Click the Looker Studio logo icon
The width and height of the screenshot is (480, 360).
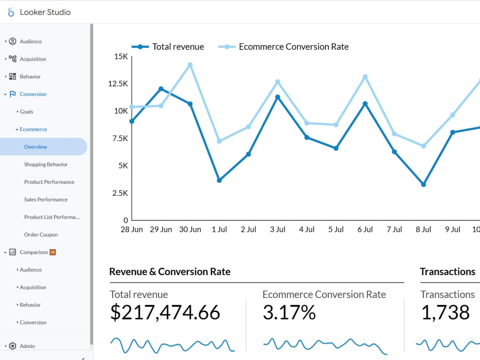(x=11, y=12)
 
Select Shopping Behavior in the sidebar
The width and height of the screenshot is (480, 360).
(x=46, y=165)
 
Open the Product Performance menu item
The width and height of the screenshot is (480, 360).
(x=49, y=182)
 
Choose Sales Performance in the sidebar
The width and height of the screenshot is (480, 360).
(x=46, y=200)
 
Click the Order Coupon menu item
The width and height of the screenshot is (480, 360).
(x=41, y=235)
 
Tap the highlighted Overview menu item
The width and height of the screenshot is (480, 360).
(x=36, y=147)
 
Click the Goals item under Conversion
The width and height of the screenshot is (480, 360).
(x=26, y=112)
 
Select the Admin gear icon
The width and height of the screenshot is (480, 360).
(x=12, y=346)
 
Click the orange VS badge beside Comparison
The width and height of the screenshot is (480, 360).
(x=53, y=252)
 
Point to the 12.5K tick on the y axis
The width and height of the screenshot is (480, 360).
(x=118, y=84)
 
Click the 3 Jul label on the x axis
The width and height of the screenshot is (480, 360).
(x=277, y=229)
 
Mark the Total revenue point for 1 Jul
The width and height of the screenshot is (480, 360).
(x=219, y=180)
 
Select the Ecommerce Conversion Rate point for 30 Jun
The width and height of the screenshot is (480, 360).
(x=190, y=65)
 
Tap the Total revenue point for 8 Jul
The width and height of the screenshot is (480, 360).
(x=423, y=184)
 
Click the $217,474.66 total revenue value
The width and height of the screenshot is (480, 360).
(x=165, y=312)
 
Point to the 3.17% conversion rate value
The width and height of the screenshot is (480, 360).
(x=289, y=312)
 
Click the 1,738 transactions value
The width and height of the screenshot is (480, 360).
(x=445, y=312)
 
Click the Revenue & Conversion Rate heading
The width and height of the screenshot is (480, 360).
(x=170, y=272)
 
